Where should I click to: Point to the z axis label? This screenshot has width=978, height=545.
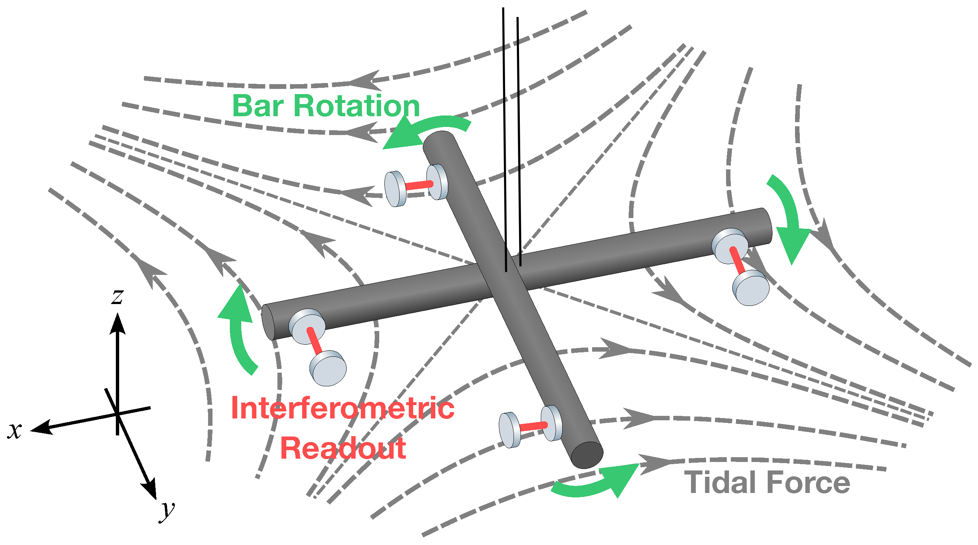(x=117, y=296)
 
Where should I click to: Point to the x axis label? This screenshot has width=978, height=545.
(x=14, y=430)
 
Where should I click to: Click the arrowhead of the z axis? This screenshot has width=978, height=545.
(x=118, y=323)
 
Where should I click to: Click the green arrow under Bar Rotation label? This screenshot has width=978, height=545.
(x=421, y=131)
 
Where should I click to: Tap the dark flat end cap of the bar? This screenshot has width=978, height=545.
(x=587, y=455)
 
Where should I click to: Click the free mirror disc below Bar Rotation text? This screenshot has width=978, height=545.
(x=395, y=189)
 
